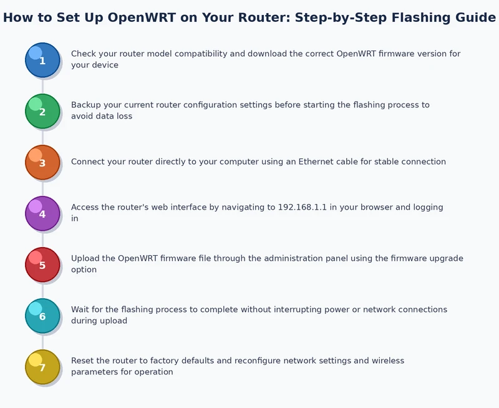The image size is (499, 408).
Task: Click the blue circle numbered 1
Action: [42, 60]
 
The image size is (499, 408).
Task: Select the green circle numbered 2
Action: [42, 111]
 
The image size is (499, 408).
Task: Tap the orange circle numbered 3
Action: [42, 162]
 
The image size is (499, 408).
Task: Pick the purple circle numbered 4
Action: [42, 213]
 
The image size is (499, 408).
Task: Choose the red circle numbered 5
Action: [42, 265]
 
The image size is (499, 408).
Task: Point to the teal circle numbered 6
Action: [42, 316]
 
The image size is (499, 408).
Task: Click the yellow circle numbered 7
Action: [42, 367]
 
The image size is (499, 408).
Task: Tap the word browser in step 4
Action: [378, 207]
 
